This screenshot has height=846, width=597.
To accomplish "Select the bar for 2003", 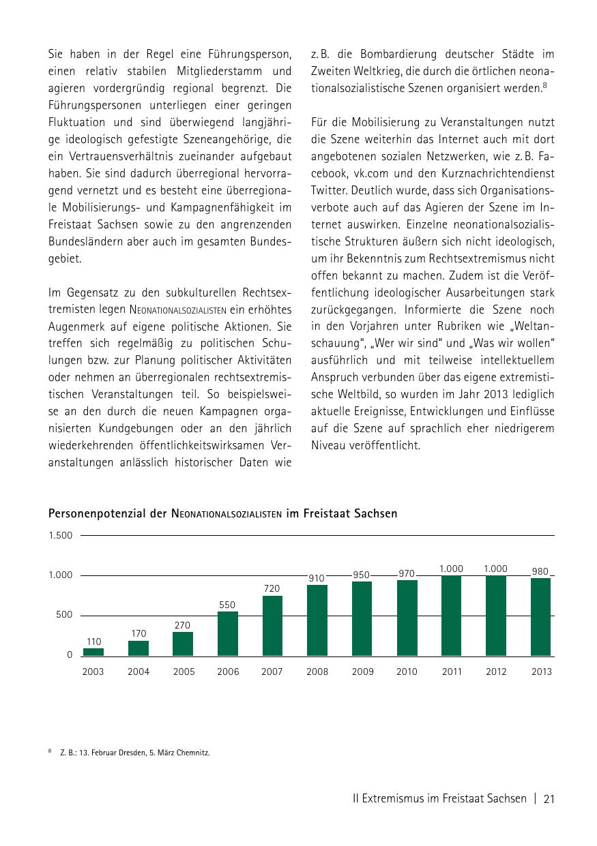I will click(x=93, y=652).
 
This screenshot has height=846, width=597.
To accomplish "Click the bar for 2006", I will click(x=228, y=633).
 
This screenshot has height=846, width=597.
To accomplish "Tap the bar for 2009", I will click(x=362, y=618).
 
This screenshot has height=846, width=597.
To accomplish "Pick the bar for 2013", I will click(x=540, y=617).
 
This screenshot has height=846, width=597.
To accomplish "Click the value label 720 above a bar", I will click(x=272, y=588).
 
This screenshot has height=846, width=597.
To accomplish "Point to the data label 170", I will click(x=139, y=633).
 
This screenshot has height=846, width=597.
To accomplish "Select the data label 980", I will click(x=540, y=571).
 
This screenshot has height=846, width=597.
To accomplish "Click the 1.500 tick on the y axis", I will click(x=60, y=535).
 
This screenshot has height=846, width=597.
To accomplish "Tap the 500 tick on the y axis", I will click(x=64, y=615).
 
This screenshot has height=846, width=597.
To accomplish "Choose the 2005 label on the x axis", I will click(x=184, y=671).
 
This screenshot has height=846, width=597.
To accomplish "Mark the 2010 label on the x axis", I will click(x=407, y=671).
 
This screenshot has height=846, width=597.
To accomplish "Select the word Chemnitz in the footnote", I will click(x=193, y=753).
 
